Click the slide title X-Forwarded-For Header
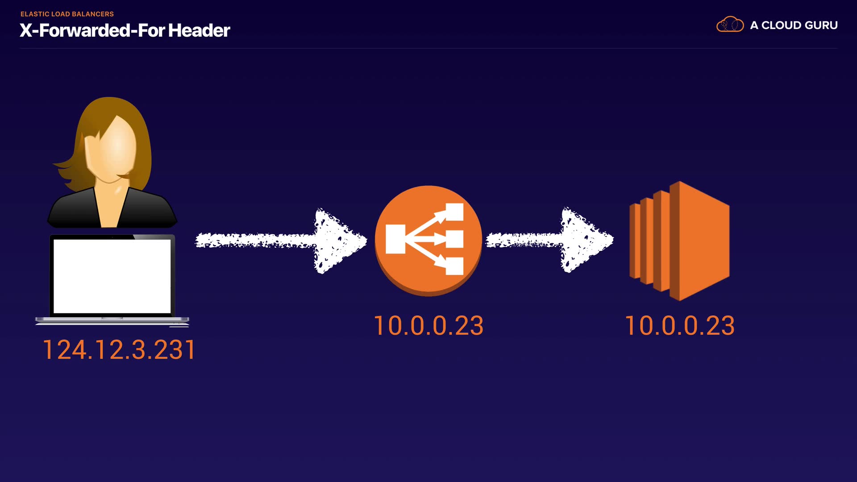coord(125,30)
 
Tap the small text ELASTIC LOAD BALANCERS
coord(67,14)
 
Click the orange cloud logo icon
coord(730,25)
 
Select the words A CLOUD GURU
coord(794,25)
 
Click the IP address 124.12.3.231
coord(119,349)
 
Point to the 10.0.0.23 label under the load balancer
coord(428,326)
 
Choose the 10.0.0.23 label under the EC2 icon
coord(679,326)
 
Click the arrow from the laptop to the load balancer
coord(281,241)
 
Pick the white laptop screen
coord(112,276)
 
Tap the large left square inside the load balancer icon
coord(395,239)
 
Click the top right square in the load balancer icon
coord(454,212)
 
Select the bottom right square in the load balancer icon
coord(454,266)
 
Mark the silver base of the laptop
coord(112,320)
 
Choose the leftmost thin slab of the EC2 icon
coord(634,241)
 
